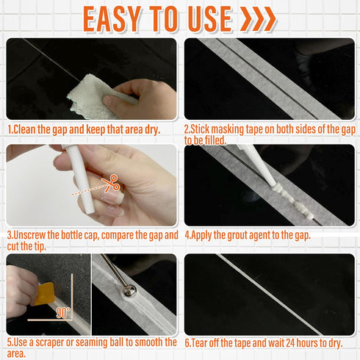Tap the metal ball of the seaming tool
129,290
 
